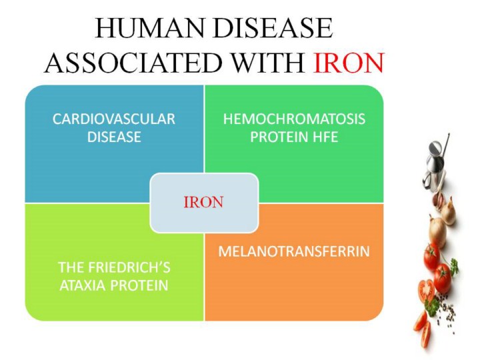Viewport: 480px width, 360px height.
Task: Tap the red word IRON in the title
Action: pos(349,63)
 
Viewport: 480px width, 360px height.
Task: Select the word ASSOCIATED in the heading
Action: pos(133,63)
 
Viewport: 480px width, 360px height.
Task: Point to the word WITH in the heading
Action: pos(267,63)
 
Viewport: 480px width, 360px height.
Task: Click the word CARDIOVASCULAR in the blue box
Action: pos(114,119)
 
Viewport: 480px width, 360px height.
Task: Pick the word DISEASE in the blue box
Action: pos(114,137)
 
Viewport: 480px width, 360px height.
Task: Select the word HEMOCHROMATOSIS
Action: pos(294,119)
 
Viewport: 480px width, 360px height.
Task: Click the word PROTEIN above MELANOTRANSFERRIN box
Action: pos(280,137)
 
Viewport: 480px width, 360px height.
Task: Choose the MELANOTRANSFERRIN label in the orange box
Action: pos(294,251)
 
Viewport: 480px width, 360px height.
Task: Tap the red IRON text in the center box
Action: pos(203,203)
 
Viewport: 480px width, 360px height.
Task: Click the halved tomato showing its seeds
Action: pos(427,292)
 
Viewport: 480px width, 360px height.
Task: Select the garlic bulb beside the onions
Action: pos(439,199)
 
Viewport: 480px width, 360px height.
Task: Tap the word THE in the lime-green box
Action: pos(69,267)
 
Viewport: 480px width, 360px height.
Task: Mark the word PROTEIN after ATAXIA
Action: pos(139,285)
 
